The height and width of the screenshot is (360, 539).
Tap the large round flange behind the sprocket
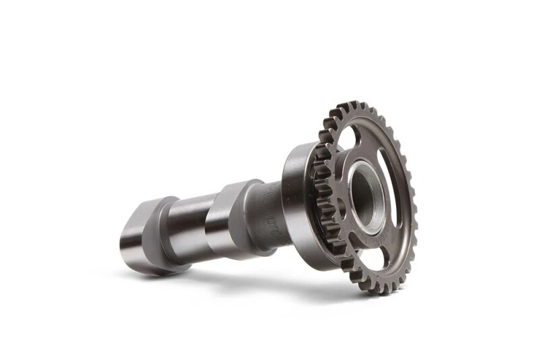point(296,202)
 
